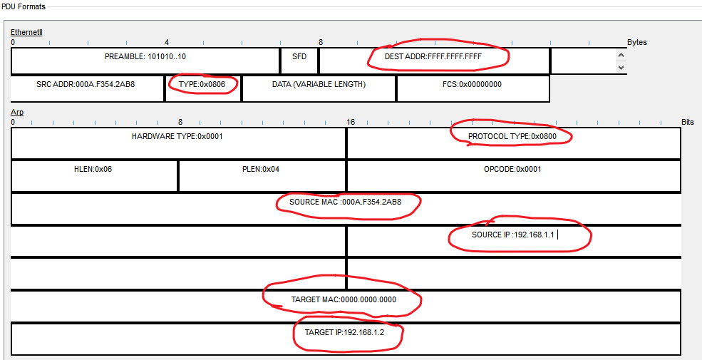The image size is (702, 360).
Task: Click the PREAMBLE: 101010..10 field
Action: click(x=146, y=56)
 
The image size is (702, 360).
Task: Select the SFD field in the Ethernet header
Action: click(x=299, y=56)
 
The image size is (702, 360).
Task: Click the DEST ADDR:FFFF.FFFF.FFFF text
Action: click(x=438, y=56)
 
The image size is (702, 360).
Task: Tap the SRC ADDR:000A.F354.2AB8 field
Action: click(x=86, y=84)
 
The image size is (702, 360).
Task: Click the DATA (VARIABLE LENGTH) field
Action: click(x=319, y=84)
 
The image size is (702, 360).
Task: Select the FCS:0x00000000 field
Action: click(x=472, y=84)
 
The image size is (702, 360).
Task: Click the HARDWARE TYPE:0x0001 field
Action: click(x=177, y=136)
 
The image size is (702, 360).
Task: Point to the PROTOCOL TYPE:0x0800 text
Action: click(x=512, y=136)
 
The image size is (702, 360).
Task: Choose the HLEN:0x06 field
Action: click(x=93, y=170)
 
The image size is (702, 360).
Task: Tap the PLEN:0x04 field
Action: click(x=261, y=170)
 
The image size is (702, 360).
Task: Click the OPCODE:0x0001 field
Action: click(x=512, y=170)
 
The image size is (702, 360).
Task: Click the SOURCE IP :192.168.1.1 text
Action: click(x=513, y=235)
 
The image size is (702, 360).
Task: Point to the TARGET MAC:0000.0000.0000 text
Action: click(x=344, y=299)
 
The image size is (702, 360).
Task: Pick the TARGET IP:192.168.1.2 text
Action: click(x=346, y=332)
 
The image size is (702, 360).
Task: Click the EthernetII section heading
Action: click(x=26, y=33)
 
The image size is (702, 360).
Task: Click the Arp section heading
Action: click(x=17, y=113)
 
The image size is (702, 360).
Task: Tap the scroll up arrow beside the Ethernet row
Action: click(x=621, y=55)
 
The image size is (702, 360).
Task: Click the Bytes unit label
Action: click(x=637, y=42)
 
